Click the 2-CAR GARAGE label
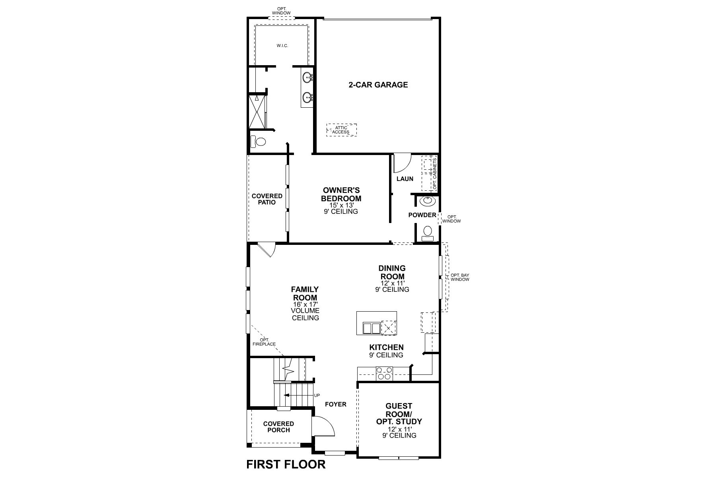tap(378, 85)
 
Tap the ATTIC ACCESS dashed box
tap(341, 130)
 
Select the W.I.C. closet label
tap(282, 46)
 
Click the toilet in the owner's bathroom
tap(259, 142)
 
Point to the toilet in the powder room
tap(428, 232)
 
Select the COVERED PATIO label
tap(267, 199)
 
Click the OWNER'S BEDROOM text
tap(341, 194)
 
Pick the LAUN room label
tap(405, 179)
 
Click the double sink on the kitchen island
tap(372, 328)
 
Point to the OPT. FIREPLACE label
tap(265, 342)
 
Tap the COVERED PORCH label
tap(278, 427)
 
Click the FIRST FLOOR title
tap(286, 464)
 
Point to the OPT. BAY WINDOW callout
tap(459, 277)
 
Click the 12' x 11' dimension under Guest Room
tap(399, 429)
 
